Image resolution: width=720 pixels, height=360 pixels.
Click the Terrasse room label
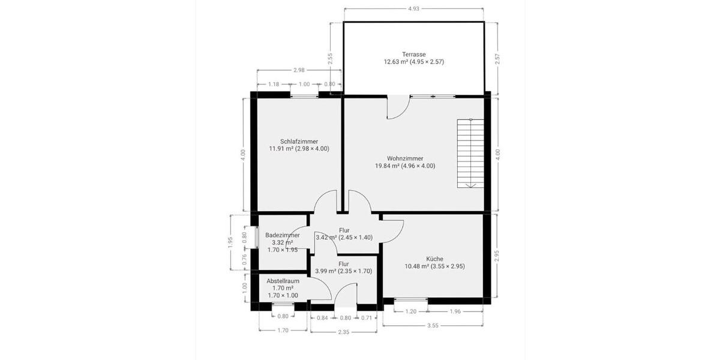point(413,54)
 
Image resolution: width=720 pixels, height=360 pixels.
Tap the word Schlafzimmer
point(299,142)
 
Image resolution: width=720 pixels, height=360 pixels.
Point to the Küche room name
point(426,259)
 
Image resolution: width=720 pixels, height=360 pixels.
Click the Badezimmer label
point(282,235)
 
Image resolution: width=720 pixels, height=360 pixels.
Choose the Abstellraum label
point(283,281)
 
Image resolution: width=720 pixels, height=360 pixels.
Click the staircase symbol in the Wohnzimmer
point(470,153)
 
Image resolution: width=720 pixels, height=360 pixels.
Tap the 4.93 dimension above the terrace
point(413,9)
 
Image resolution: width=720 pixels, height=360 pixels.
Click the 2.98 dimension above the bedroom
point(299,70)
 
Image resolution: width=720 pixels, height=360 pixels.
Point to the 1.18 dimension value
point(274,85)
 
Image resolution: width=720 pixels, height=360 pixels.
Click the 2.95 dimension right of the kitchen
point(496,256)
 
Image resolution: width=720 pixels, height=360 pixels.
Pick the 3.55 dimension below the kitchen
point(433,326)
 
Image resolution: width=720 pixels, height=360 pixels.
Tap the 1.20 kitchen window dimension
point(411,311)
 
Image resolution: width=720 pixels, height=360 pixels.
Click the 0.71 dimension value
point(367,317)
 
